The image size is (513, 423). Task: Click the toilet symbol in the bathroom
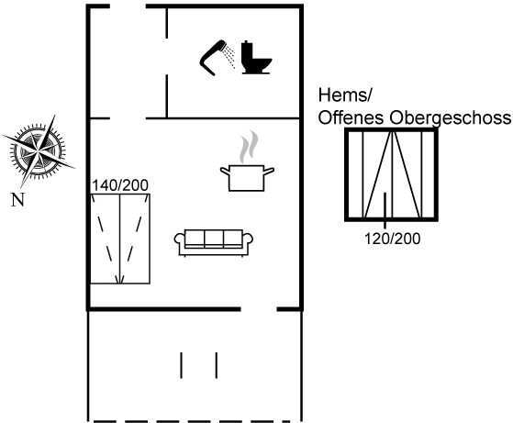(x=256, y=58)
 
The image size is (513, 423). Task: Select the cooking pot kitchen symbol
(x=247, y=178)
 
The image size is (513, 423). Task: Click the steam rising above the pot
(x=249, y=147)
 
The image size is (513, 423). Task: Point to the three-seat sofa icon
(x=214, y=243)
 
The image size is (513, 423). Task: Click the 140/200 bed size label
(x=120, y=185)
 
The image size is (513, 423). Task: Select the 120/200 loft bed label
(x=392, y=239)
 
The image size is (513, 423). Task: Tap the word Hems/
(x=345, y=95)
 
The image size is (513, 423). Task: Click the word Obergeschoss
(x=450, y=117)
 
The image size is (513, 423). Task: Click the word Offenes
(x=351, y=117)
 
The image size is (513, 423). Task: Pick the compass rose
(x=39, y=151)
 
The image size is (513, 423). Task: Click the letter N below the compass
(x=17, y=199)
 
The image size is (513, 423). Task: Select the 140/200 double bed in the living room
(x=120, y=239)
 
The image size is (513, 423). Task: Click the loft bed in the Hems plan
(x=392, y=174)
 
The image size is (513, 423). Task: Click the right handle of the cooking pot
(x=269, y=171)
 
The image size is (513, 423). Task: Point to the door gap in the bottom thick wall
(x=259, y=309)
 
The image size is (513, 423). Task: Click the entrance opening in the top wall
(x=128, y=6)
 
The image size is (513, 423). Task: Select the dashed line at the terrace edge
(x=192, y=421)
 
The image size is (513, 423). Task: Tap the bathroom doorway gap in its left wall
(x=167, y=56)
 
